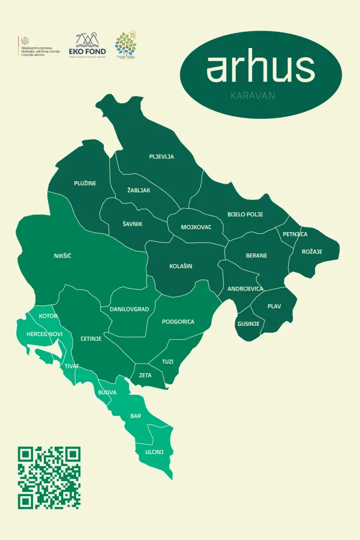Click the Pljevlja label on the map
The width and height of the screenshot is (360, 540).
click(x=161, y=157)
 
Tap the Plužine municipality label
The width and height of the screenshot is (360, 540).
click(x=86, y=183)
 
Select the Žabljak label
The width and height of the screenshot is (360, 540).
click(x=139, y=190)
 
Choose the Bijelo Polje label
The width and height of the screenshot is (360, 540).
click(x=249, y=214)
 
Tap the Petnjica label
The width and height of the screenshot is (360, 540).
click(x=295, y=234)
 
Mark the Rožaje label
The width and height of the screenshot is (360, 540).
click(x=312, y=251)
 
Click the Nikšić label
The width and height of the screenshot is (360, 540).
click(x=62, y=256)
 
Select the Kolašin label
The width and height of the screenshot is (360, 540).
click(x=181, y=266)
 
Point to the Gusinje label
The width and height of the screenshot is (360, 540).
click(x=248, y=324)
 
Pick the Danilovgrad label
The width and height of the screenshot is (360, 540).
click(x=129, y=309)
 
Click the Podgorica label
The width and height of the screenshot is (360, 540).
click(x=178, y=322)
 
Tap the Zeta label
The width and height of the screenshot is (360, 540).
click(x=145, y=375)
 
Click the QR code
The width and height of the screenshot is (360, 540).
click(x=49, y=478)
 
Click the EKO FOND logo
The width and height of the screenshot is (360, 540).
click(x=87, y=46)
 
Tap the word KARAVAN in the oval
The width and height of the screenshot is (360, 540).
click(x=260, y=95)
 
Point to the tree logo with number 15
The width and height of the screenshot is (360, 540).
click(x=126, y=46)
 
